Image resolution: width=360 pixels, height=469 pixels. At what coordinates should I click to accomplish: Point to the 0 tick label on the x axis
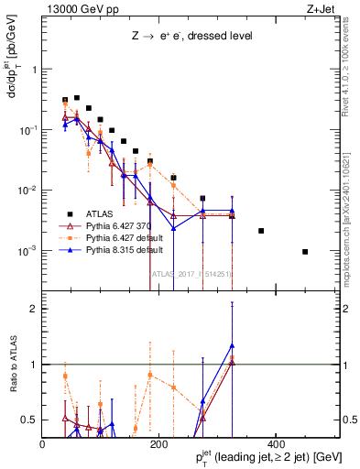43,443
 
